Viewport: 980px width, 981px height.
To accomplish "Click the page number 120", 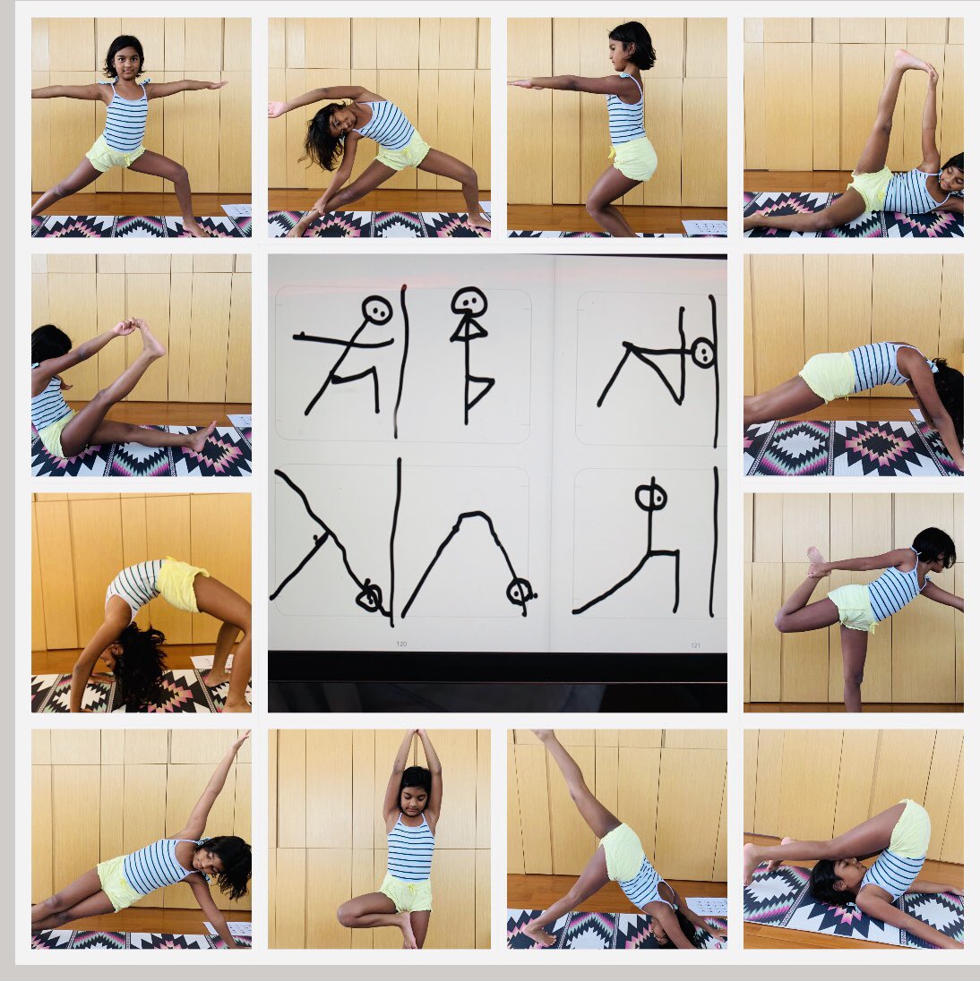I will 401,644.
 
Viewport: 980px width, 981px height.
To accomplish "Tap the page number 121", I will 695,644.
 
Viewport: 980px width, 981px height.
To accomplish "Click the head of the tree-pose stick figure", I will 468,303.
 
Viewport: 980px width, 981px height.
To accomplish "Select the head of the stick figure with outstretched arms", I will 378,311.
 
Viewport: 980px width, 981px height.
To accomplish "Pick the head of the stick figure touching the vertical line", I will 702,353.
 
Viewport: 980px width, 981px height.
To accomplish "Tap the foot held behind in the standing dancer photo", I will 814,560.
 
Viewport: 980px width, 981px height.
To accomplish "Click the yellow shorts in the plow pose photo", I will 909,829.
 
